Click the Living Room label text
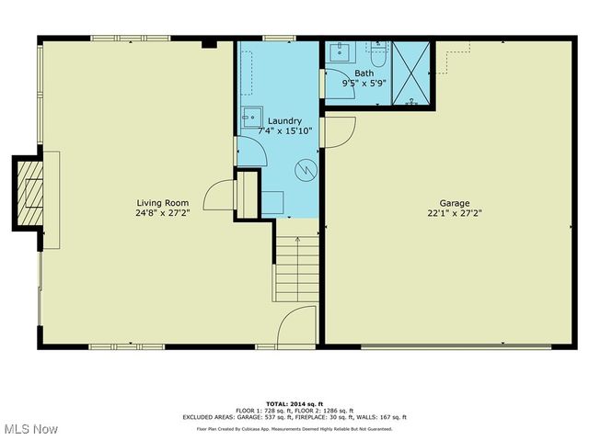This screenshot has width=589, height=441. (x=163, y=202)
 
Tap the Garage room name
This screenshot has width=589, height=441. (x=455, y=202)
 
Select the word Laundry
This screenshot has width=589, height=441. (x=284, y=120)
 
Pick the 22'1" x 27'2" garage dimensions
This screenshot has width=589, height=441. (x=455, y=213)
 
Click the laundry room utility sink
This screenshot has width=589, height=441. (x=250, y=118)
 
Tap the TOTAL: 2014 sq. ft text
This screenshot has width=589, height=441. (x=294, y=403)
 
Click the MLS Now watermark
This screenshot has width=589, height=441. (x=31, y=429)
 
